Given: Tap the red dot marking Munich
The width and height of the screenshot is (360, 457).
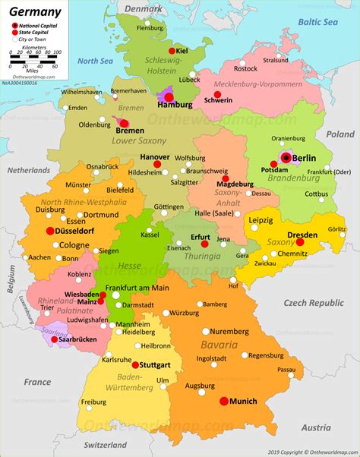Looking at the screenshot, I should pos(224,401).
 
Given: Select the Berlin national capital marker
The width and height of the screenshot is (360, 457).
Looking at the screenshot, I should pos(286,157).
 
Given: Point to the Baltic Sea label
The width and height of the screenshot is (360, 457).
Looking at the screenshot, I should pos(317,24).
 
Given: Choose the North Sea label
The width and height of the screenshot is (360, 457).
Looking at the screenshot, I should pos(95,61).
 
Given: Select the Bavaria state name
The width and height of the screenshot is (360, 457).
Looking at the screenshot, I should pos(240,345).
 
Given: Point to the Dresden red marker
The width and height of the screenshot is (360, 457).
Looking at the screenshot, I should pos(300,242).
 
